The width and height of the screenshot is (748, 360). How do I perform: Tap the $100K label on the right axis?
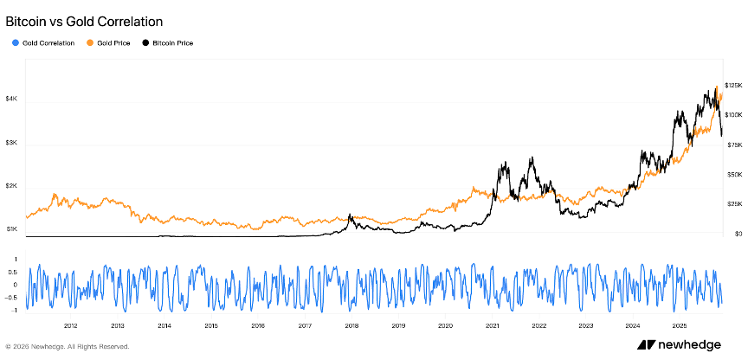[733, 114]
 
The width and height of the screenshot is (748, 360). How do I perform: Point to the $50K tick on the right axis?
[732, 174]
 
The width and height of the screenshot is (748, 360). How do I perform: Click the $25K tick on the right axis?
[732, 204]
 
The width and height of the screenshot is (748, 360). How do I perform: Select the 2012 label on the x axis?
[70, 326]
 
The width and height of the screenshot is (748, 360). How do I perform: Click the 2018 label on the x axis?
[351, 326]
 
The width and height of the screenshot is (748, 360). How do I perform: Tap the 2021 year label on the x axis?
[492, 326]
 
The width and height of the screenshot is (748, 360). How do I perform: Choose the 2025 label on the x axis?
[679, 326]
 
